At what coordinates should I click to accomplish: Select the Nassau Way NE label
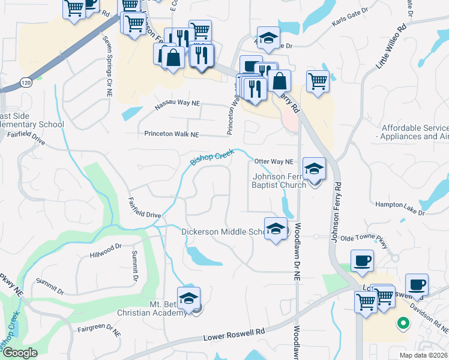tap(177, 103)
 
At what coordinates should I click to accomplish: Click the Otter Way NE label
tap(274, 161)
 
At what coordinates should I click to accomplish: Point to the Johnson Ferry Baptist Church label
tap(279, 181)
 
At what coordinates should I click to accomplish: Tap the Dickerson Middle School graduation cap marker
tap(276, 229)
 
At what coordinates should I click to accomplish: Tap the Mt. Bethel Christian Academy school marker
tap(188, 298)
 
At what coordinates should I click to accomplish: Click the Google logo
tap(20, 353)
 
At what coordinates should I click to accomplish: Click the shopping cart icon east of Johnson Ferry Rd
tap(318, 81)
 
